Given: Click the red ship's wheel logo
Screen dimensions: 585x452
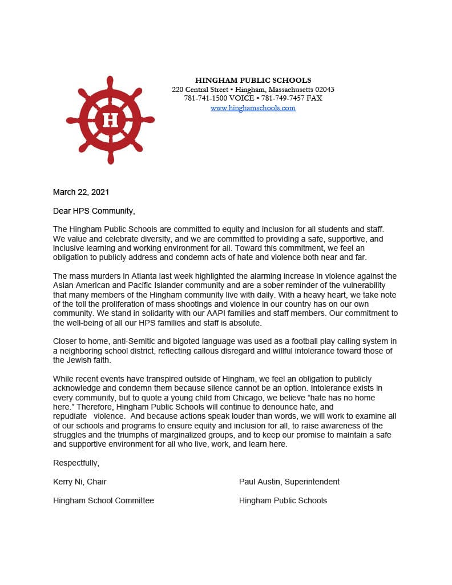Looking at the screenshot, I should coord(110,121).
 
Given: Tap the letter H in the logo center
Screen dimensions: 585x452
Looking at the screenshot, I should coord(110,121).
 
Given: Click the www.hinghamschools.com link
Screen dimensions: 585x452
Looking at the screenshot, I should coord(253,107).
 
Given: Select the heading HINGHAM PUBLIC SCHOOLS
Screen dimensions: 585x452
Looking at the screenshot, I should coord(253,80).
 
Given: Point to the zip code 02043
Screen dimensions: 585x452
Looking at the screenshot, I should coord(324,90).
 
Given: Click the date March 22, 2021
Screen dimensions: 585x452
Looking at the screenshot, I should coord(81,192).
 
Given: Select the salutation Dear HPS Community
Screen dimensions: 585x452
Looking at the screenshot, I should coord(94,211).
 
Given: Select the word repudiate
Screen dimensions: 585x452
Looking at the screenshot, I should coord(70,416).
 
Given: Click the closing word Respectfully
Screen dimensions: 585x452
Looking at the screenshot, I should coord(76,463).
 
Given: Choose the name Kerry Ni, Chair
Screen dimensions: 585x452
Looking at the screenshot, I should coord(80,482).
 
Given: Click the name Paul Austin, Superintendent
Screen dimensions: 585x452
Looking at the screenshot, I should coord(289,482).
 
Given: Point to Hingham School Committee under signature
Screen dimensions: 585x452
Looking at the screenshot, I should coord(103,500).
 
